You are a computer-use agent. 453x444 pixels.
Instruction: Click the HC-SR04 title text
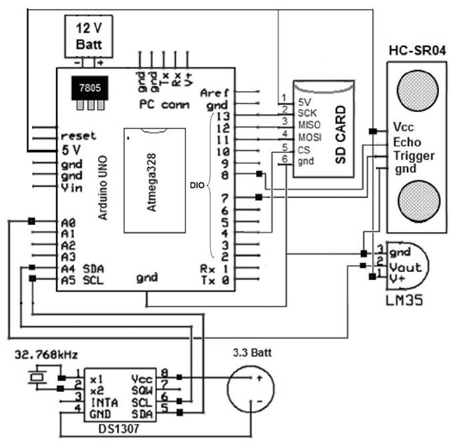pyautogui.click(x=416, y=51)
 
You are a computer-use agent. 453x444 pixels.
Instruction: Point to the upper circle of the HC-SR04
pyautogui.click(x=417, y=89)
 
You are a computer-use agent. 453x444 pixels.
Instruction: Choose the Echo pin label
pyautogui.click(x=407, y=142)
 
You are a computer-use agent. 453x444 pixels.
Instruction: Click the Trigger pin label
pyautogui.click(x=414, y=156)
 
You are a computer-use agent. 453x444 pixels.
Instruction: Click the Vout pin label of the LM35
pyautogui.click(x=404, y=265)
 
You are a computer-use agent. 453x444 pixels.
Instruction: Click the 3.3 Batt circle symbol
pyautogui.click(x=251, y=390)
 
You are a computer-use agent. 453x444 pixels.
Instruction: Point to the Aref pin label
pyautogui.click(x=214, y=93)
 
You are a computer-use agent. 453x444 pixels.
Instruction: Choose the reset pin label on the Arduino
pyautogui.click(x=78, y=135)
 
